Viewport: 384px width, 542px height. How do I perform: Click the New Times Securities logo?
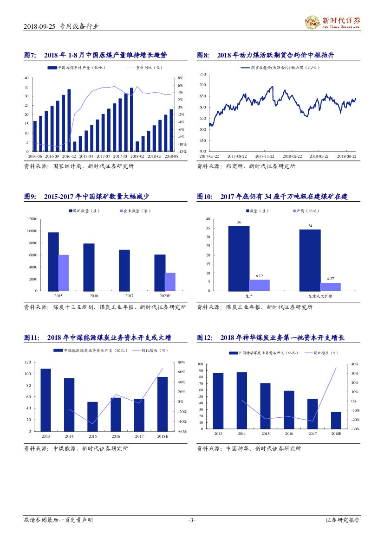click(332, 21)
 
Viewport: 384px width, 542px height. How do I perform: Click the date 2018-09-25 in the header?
click(39, 26)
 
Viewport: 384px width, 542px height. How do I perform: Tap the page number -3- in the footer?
click(192, 520)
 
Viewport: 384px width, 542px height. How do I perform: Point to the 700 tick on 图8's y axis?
click(202, 85)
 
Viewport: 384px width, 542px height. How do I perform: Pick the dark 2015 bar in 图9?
click(53, 261)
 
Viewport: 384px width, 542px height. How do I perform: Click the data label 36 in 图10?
click(239, 223)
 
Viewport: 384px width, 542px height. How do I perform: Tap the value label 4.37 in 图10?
click(330, 279)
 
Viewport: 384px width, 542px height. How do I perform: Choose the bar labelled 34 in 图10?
click(310, 260)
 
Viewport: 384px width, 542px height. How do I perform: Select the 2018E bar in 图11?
click(162, 404)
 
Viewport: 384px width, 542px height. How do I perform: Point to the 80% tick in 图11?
click(181, 362)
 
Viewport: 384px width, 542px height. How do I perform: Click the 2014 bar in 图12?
click(241, 400)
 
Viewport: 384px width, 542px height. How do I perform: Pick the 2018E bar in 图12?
click(336, 420)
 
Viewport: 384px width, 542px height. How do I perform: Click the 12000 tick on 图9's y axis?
click(32, 219)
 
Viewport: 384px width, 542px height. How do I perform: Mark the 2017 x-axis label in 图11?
click(139, 436)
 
